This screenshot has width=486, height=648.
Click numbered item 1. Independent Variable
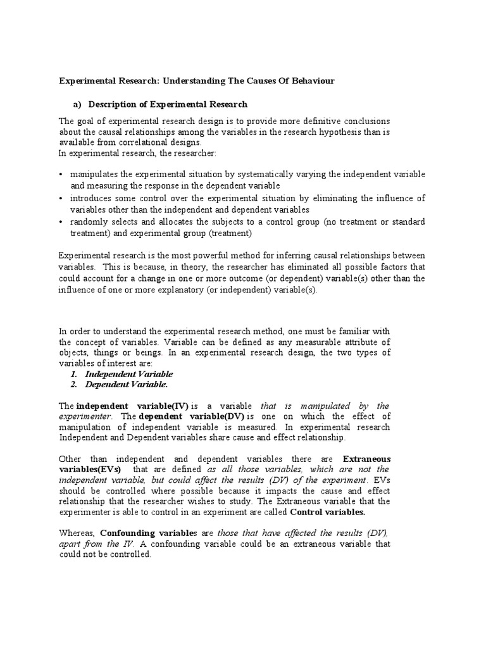121,374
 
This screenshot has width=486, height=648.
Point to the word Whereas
77,533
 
